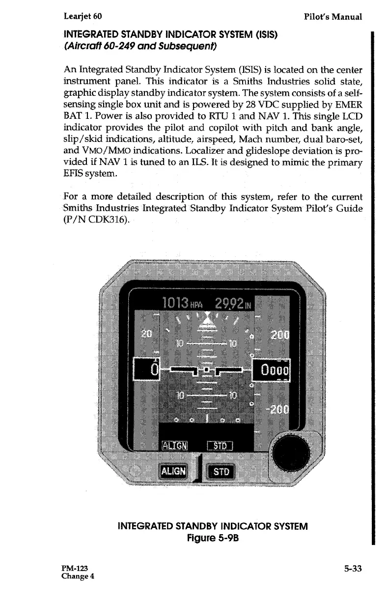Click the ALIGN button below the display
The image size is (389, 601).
pos(173,471)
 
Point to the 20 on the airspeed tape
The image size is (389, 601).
pos(146,334)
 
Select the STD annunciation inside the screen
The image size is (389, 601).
pos(222,445)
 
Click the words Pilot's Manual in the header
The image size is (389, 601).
pos(333,17)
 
